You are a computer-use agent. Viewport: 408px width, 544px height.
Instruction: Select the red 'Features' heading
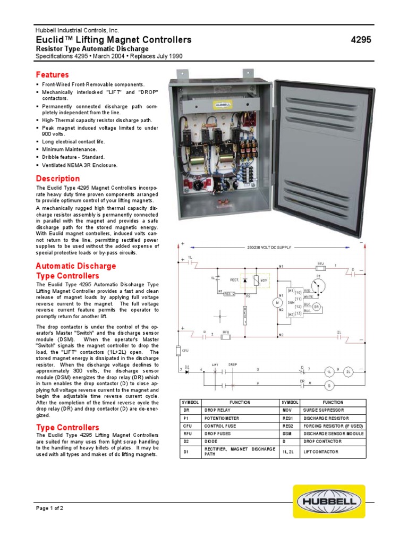52,75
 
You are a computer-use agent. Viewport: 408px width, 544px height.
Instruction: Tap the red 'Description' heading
58,178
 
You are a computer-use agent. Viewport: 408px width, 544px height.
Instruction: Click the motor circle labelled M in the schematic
276,302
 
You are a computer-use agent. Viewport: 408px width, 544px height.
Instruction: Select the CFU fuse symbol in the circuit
179,351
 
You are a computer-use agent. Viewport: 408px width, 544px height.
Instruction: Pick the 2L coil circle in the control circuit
348,371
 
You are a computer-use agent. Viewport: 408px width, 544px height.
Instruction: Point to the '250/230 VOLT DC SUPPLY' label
269,248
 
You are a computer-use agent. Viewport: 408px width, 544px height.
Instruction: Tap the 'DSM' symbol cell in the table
291,433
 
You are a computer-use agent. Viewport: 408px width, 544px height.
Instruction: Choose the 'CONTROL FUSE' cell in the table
222,426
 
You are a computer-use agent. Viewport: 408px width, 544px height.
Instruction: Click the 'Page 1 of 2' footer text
49,508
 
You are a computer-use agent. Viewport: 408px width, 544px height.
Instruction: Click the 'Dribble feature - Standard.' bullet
73,157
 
